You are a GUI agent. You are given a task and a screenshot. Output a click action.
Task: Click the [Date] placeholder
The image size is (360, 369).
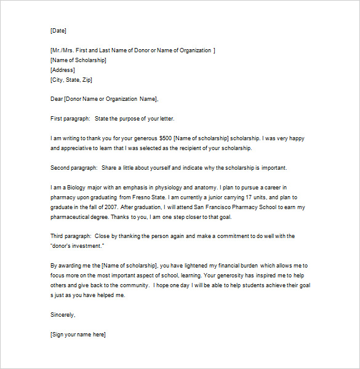pyautogui.click(x=58, y=30)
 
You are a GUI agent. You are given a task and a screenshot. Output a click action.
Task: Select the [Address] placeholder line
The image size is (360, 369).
pyautogui.click(x=62, y=70)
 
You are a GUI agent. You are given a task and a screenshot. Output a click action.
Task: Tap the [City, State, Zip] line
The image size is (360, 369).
pyautogui.click(x=71, y=80)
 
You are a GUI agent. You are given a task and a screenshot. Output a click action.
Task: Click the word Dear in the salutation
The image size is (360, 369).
pyautogui.click(x=57, y=99)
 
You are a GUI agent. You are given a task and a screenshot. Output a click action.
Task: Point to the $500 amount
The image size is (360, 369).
pyautogui.click(x=166, y=138)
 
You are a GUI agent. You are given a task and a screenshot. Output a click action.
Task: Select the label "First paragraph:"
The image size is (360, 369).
pyautogui.click(x=70, y=119)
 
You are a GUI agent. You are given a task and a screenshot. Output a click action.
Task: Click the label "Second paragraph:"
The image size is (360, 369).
pyautogui.click(x=74, y=167)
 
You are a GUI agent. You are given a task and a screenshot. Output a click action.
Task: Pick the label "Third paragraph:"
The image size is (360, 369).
pyautogui.click(x=71, y=236)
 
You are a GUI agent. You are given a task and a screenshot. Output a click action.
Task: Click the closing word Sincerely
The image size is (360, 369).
pyautogui.click(x=63, y=315)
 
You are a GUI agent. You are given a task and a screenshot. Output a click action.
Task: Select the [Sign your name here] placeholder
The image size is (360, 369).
pyautogui.click(x=78, y=334)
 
